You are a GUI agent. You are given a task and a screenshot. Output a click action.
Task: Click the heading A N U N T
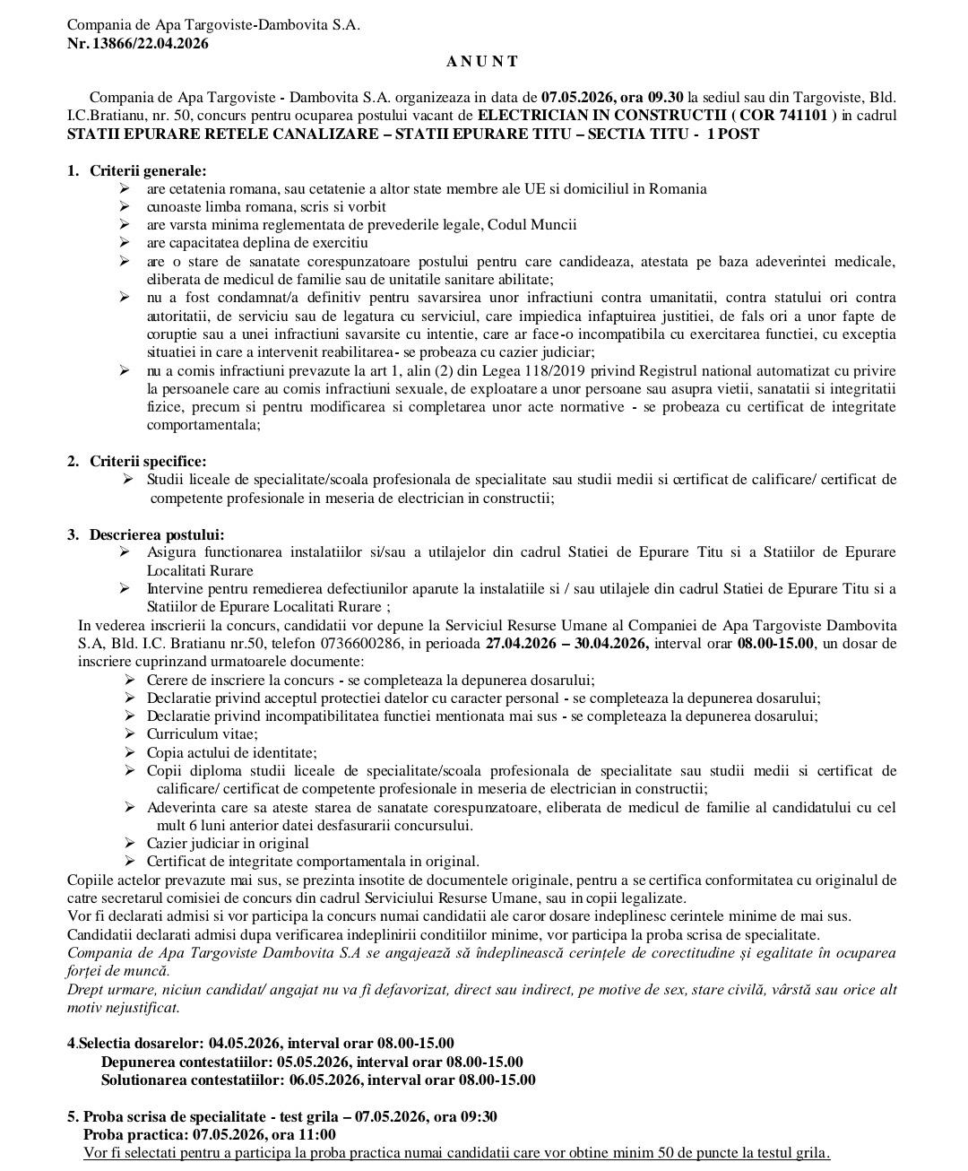click(x=482, y=61)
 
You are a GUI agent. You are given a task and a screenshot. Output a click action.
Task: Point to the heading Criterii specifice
click(x=147, y=462)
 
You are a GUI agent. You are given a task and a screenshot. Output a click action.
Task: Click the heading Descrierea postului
click(x=156, y=534)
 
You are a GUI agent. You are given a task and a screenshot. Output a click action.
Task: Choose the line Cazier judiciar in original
click(x=228, y=844)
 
